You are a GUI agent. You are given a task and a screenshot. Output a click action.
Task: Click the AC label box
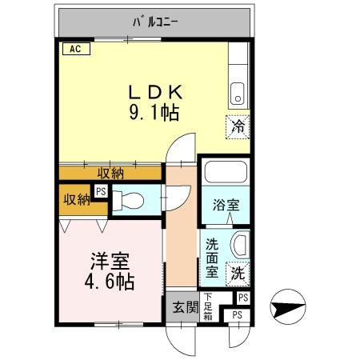click(74, 49)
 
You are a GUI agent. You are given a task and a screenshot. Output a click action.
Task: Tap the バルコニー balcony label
click(155, 22)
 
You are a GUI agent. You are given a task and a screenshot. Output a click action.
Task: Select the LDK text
click(155, 90)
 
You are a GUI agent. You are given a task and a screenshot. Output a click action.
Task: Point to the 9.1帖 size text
click(155, 113)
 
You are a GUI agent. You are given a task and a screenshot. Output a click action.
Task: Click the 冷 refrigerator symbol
click(238, 126)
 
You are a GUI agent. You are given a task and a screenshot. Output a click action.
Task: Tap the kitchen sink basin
click(238, 95)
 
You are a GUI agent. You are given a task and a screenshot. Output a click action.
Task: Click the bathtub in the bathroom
click(225, 171)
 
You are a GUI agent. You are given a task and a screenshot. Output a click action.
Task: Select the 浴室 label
click(225, 205)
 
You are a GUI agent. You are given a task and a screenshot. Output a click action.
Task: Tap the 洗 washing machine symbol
click(238, 272)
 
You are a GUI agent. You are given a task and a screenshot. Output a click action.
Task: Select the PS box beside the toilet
click(101, 191)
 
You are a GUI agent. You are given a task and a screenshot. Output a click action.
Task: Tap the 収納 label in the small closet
click(77, 199)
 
